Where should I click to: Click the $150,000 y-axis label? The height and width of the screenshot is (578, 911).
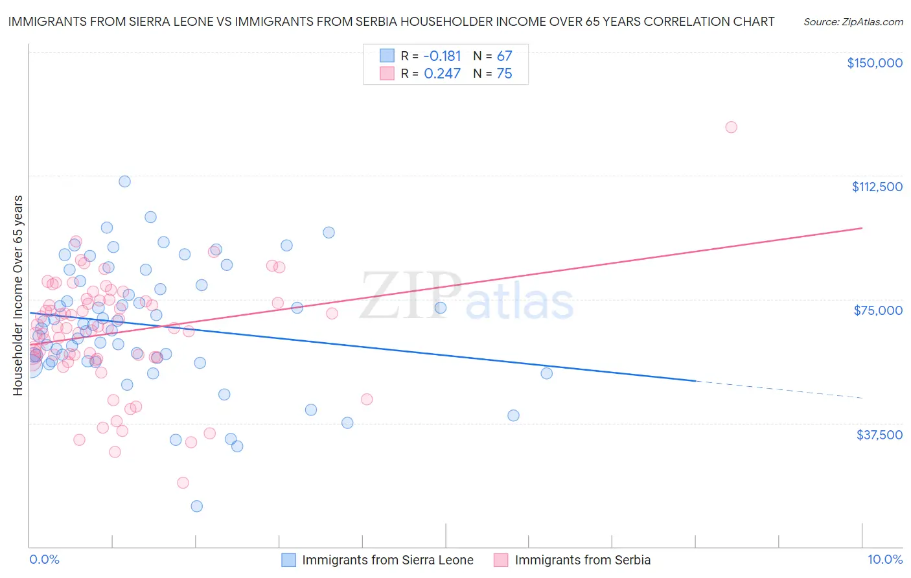(x=874, y=63)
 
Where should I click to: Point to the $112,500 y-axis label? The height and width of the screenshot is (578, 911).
(x=877, y=187)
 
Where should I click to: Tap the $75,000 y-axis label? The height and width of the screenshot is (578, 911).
(x=878, y=310)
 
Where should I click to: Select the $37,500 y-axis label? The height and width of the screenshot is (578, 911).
(x=879, y=435)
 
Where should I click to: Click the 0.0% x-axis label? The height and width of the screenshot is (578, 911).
(x=44, y=559)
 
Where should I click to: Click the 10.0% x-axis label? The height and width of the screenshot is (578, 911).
(x=884, y=559)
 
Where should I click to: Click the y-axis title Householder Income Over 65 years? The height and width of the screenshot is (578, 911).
(x=17, y=295)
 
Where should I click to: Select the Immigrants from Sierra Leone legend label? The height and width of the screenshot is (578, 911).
(x=387, y=560)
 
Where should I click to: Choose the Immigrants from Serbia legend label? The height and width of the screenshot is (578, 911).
(x=582, y=560)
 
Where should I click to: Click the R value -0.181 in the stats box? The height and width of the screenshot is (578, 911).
(x=442, y=56)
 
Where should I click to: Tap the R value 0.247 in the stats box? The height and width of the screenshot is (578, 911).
(x=442, y=74)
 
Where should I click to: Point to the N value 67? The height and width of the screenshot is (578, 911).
(x=504, y=56)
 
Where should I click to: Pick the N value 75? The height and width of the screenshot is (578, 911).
(x=504, y=74)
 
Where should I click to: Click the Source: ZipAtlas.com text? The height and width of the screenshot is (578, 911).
(x=853, y=21)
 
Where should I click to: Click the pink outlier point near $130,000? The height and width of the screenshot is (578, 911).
(x=731, y=127)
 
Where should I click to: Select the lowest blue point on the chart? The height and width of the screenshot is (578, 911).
(x=196, y=506)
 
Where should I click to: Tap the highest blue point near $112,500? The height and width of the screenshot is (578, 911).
(x=124, y=181)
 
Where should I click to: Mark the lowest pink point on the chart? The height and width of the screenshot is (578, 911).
(x=183, y=483)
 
